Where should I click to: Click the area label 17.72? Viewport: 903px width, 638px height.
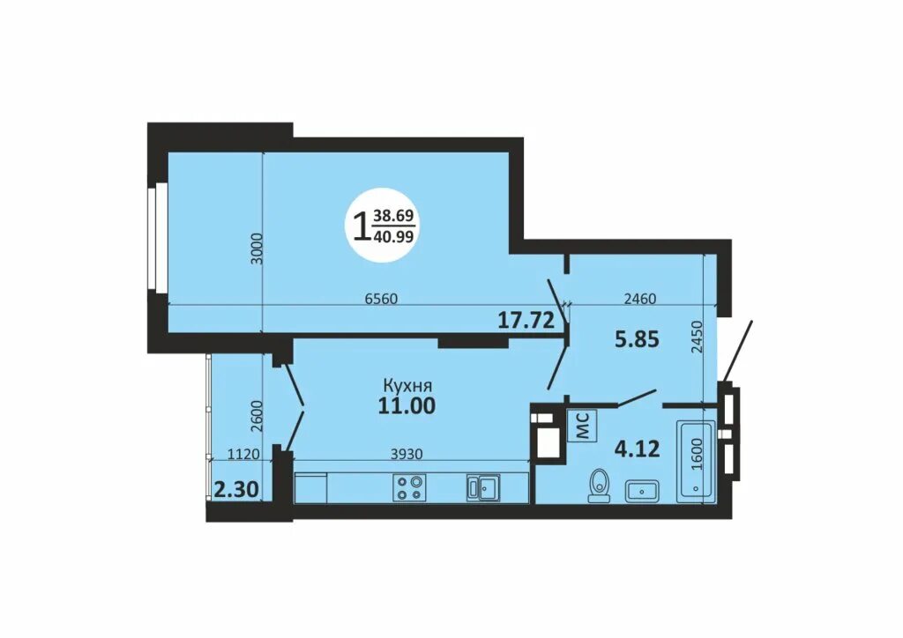[x=526, y=319]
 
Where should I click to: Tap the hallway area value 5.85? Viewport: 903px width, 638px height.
[x=637, y=339]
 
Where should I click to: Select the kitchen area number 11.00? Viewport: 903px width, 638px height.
[x=407, y=406]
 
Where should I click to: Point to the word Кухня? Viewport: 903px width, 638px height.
[x=407, y=385]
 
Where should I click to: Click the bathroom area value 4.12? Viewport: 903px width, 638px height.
[x=637, y=449]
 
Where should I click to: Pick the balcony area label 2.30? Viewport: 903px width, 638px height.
[x=235, y=490]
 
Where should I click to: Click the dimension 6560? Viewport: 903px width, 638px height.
[x=382, y=299]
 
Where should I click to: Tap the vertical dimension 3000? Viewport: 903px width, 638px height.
[x=257, y=249]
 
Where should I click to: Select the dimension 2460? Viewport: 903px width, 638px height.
[x=640, y=299]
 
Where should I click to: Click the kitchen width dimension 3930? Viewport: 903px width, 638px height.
[x=407, y=454]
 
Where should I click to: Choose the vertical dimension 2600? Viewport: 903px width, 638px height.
[x=257, y=416]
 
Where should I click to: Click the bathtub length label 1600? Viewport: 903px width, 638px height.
[x=697, y=455]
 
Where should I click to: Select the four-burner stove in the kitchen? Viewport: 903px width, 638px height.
[x=409, y=487]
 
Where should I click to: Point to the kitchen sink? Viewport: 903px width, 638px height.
[x=483, y=487]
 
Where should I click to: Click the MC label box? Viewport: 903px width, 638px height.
[x=582, y=425]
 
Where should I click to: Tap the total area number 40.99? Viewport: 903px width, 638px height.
[x=393, y=236]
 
